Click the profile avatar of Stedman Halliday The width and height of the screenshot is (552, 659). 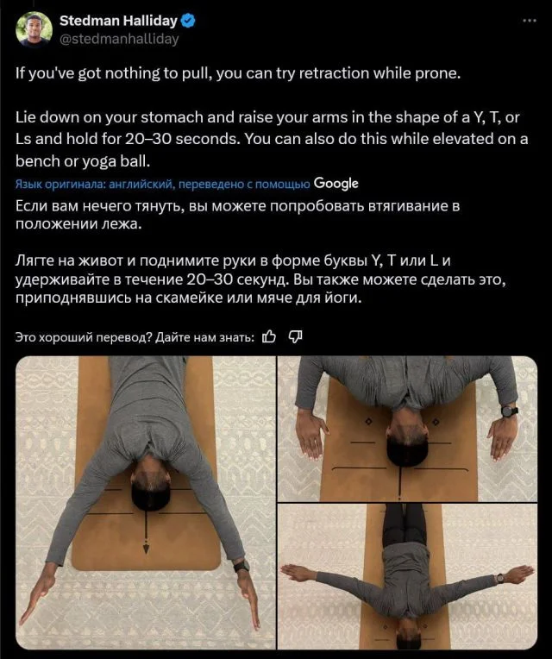pyautogui.click(x=34, y=30)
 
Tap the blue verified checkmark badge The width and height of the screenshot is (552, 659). pyautogui.click(x=188, y=21)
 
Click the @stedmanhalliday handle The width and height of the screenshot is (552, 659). pyautogui.click(x=119, y=39)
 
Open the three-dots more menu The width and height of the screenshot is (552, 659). pyautogui.click(x=530, y=20)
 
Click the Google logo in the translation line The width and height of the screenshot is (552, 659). pyautogui.click(x=336, y=184)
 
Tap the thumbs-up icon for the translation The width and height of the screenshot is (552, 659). pyautogui.click(x=269, y=336)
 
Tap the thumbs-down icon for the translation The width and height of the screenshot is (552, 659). pyautogui.click(x=295, y=336)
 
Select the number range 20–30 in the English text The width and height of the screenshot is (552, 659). pyautogui.click(x=148, y=139)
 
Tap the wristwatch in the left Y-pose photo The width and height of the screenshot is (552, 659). pyautogui.click(x=242, y=566)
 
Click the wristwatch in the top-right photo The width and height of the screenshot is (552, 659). pyautogui.click(x=509, y=411)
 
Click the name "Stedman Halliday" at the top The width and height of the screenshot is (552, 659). pyautogui.click(x=118, y=21)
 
